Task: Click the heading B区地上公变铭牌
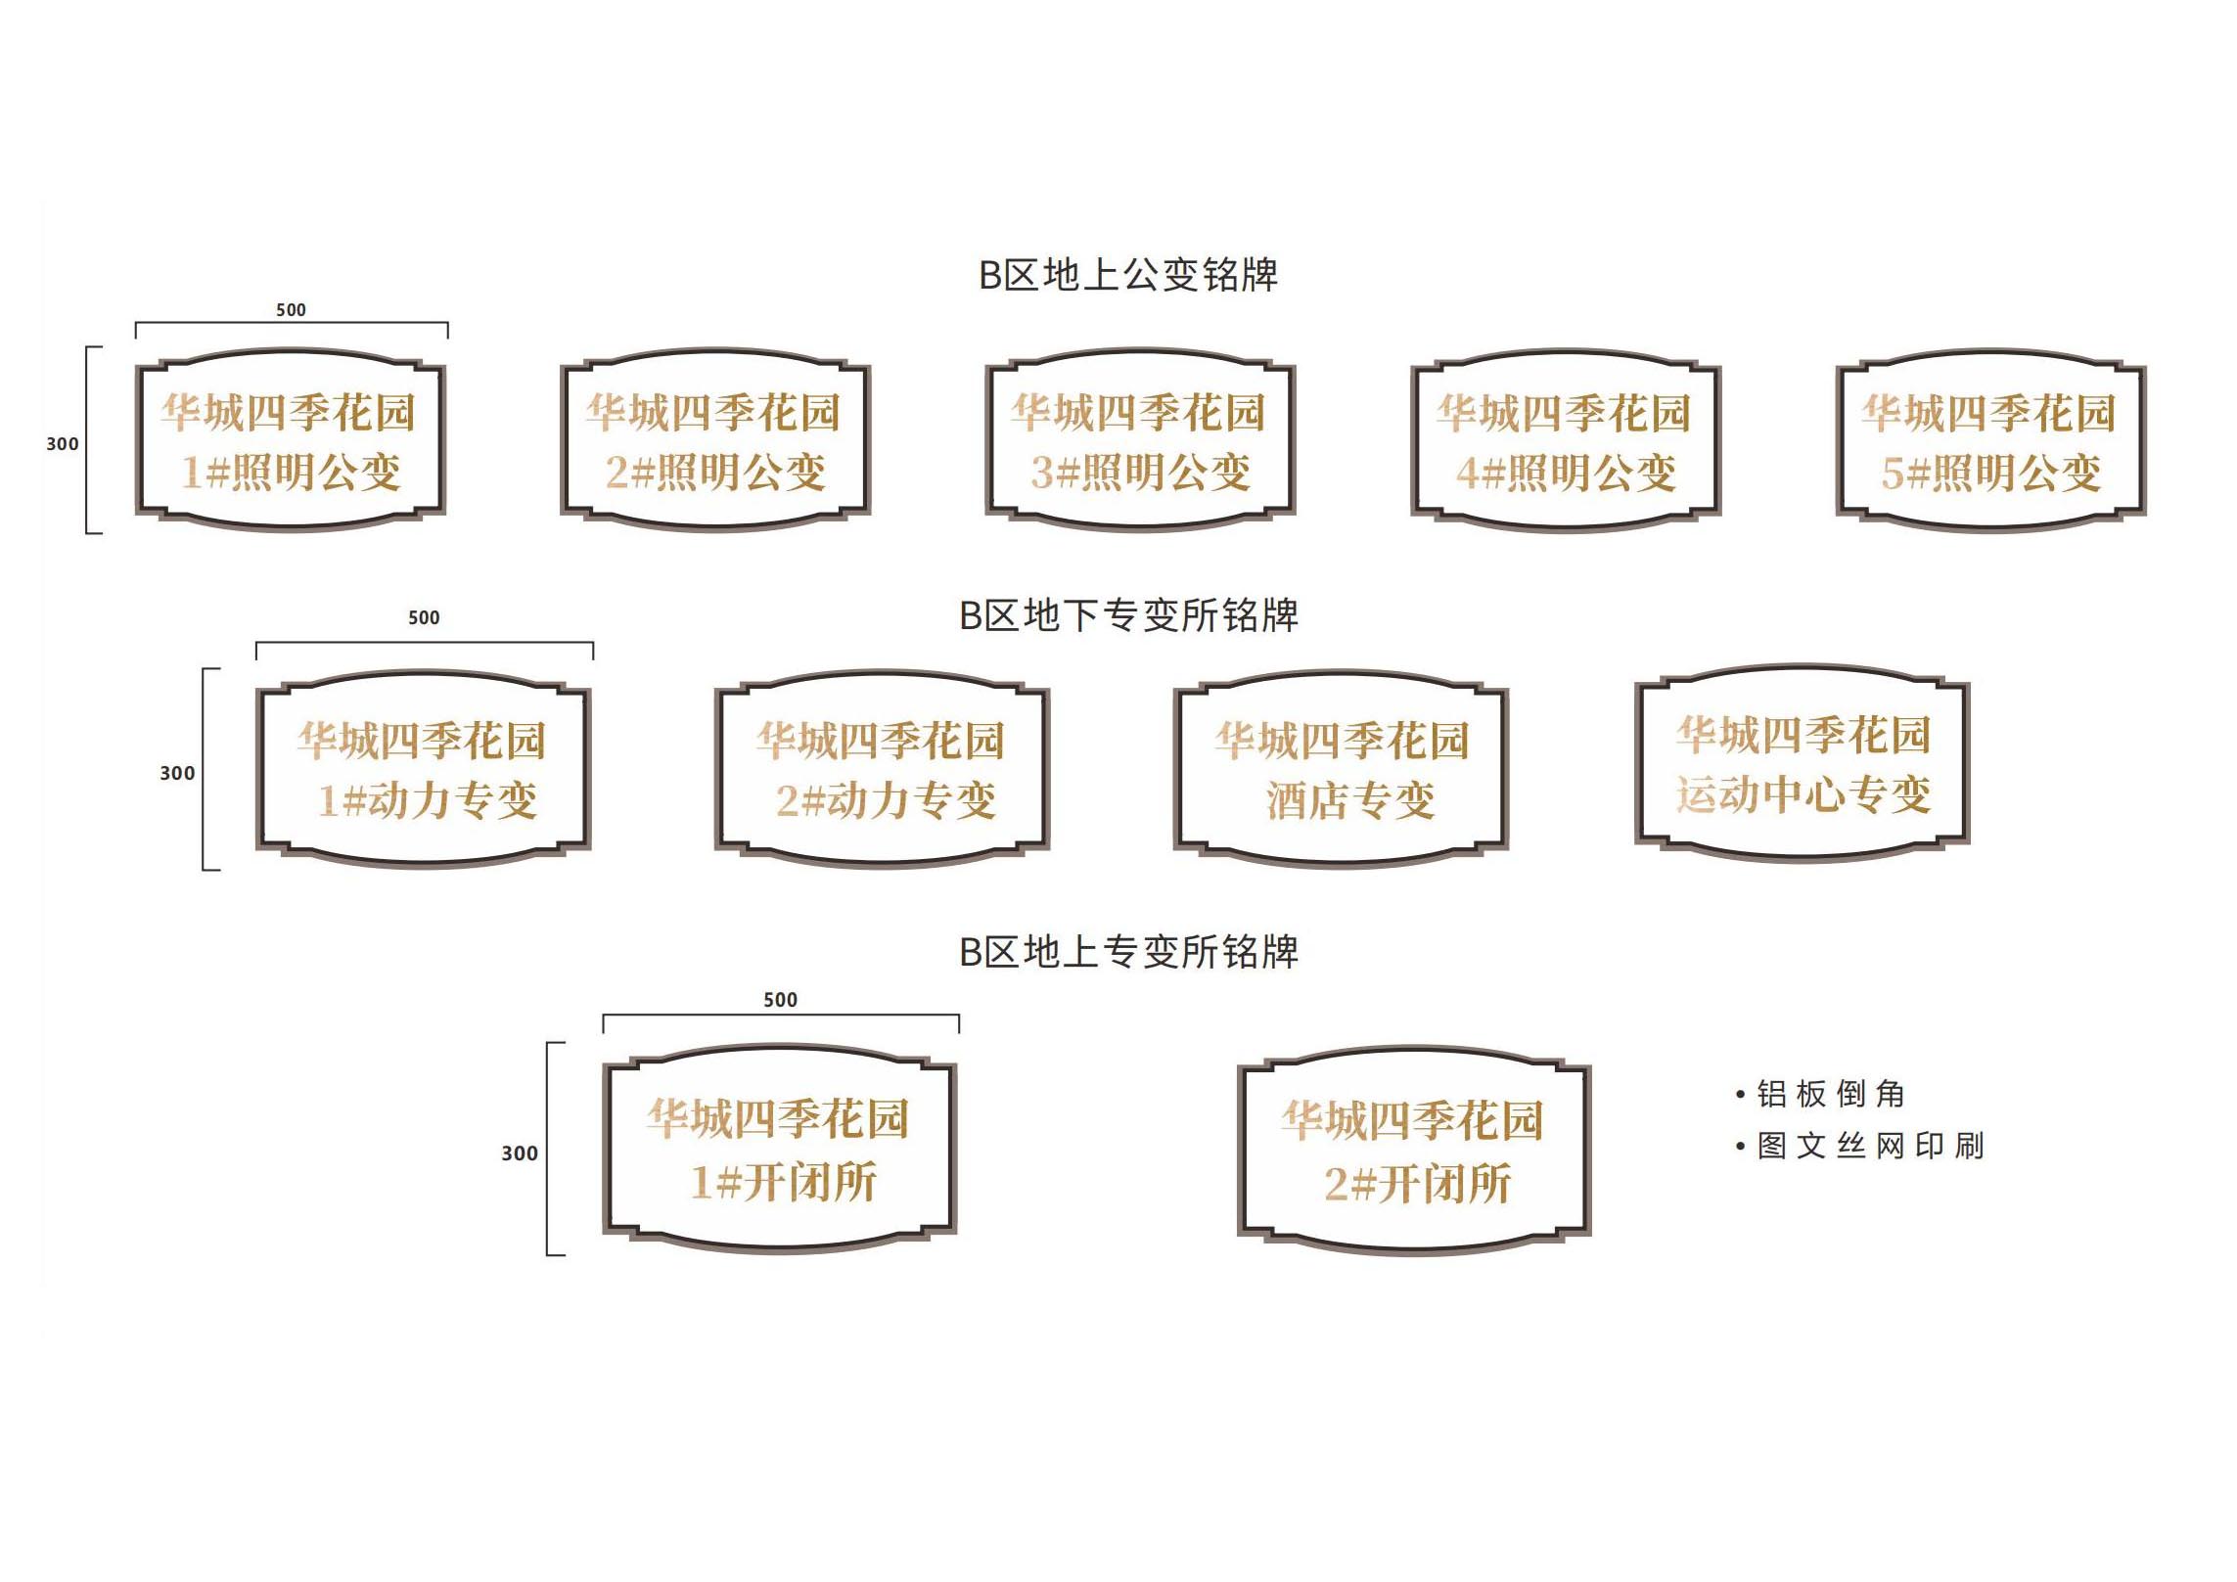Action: click(x=1127, y=276)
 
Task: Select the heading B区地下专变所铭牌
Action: click(x=1128, y=616)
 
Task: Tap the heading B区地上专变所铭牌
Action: click(x=1128, y=953)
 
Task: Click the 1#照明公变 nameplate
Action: click(x=291, y=441)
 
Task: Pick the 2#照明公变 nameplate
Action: click(x=715, y=441)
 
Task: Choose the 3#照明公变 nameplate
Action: click(x=1140, y=441)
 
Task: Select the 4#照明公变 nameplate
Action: click(x=1566, y=441)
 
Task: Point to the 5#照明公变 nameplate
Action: click(x=1990, y=441)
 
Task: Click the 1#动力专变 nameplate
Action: click(x=424, y=770)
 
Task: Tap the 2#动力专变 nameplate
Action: click(x=883, y=770)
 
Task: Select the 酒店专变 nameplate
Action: click(x=1342, y=770)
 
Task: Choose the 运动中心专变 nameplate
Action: click(x=1803, y=764)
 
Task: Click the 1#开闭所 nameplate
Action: click(x=780, y=1150)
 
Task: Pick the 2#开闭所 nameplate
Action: click(x=1414, y=1152)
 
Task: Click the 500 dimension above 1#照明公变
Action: click(x=291, y=310)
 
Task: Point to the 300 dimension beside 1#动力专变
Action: click(x=177, y=774)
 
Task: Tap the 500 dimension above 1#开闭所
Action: click(x=780, y=1000)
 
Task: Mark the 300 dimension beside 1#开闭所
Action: click(x=520, y=1154)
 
